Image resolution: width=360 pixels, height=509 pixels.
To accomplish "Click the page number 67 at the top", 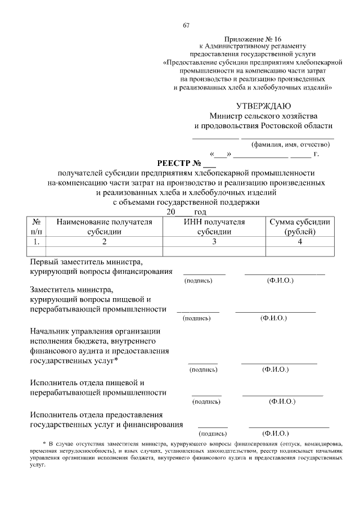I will click(186, 25).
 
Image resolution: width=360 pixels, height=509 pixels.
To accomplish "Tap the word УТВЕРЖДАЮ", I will click(263, 106).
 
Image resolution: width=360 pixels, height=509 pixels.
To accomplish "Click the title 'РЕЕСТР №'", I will click(178, 164).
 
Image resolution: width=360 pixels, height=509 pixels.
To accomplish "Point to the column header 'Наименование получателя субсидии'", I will click(104, 227).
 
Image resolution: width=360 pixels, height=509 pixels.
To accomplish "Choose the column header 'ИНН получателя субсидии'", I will click(214, 227).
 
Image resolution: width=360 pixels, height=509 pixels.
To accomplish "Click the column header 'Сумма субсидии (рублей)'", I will click(300, 227).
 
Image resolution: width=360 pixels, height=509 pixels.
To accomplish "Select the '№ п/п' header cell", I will click(36, 227).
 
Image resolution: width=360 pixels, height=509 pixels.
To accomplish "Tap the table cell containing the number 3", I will click(214, 242).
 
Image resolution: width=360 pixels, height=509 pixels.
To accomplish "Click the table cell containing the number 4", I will click(300, 242).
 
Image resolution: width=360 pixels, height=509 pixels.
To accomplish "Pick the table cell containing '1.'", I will click(36, 242).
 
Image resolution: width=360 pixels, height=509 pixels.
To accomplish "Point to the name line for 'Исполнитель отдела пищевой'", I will click(282, 395).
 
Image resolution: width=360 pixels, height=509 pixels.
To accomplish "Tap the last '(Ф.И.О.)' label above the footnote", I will click(276, 434).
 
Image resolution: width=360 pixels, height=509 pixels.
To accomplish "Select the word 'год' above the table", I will click(200, 212).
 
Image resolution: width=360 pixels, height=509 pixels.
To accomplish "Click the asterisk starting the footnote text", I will click(45, 444).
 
